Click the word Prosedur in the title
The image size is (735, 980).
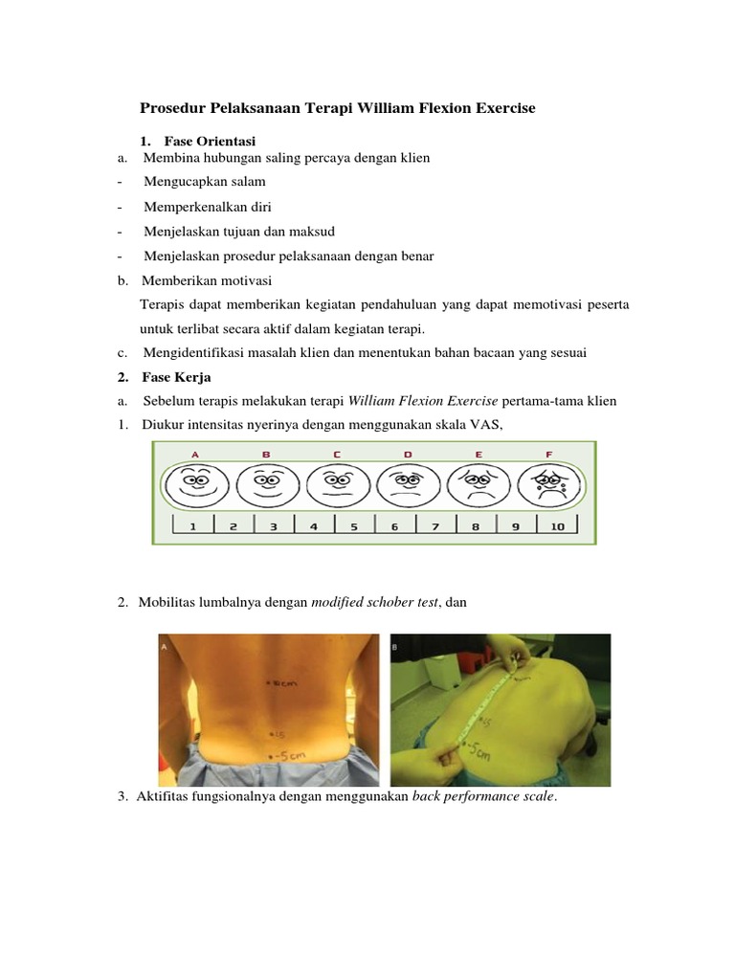pos(172,109)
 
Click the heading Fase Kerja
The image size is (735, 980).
pos(177,377)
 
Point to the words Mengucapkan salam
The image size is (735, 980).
pos(205,181)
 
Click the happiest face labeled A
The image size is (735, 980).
pos(196,483)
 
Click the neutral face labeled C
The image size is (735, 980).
pos(337,483)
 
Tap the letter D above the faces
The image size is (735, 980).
pos(408,454)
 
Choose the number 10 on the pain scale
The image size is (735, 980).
pos(557,525)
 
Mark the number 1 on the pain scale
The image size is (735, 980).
pos(192,525)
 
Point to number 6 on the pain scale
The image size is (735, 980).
pos(394,525)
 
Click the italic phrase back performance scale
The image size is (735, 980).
pos(483,796)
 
